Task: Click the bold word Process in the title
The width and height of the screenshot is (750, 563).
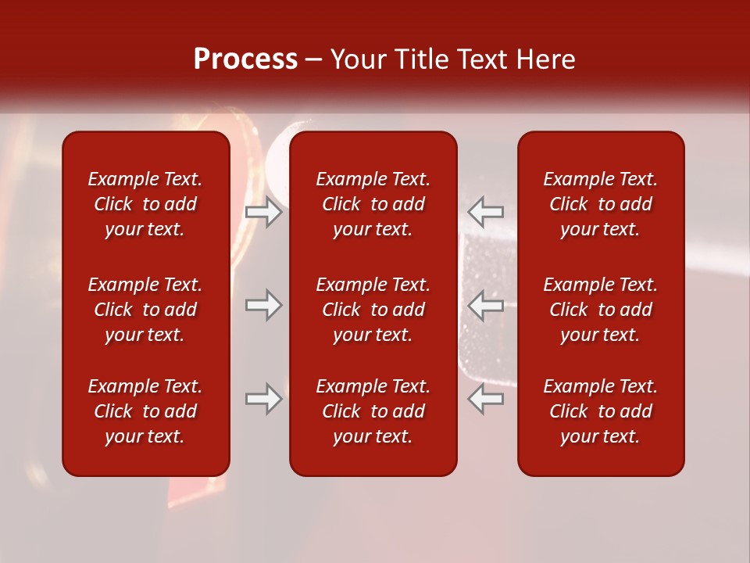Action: tap(245, 59)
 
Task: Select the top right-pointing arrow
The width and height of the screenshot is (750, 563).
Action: tap(263, 212)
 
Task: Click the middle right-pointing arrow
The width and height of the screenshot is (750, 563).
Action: tap(263, 305)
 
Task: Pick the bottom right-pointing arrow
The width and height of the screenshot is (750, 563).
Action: tap(263, 399)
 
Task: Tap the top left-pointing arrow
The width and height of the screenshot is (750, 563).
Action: tap(486, 212)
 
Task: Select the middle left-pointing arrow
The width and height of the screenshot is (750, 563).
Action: tap(486, 305)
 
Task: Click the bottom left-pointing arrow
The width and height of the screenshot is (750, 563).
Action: tap(486, 399)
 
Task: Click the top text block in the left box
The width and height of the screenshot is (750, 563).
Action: tap(145, 204)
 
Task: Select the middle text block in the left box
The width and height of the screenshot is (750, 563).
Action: tap(145, 310)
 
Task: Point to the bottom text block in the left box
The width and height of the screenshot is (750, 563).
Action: tap(145, 411)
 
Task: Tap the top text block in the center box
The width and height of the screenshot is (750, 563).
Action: tap(373, 204)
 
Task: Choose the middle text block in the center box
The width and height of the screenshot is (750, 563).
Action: tap(373, 310)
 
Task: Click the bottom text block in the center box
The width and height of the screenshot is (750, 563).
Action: tap(373, 411)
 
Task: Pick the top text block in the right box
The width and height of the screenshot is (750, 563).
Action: tap(601, 204)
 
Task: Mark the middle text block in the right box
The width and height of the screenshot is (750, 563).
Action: tap(601, 310)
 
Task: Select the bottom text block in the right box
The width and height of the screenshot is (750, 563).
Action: tap(601, 411)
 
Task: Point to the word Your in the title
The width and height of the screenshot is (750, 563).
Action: tap(358, 59)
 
